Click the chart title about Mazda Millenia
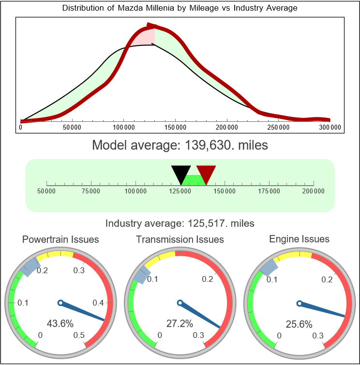[x=180, y=8]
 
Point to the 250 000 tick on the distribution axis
[x=278, y=127]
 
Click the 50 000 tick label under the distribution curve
[x=72, y=127]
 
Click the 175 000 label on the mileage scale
[x=269, y=191]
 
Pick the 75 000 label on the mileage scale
[x=91, y=191]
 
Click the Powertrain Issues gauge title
[x=60, y=239]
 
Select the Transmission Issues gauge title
[x=180, y=239]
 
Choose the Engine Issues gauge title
[x=299, y=239]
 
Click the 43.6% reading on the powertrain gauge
[x=60, y=323]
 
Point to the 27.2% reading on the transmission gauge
[x=180, y=323]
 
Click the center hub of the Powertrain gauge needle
[x=60, y=303]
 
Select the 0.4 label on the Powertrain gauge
[x=98, y=303]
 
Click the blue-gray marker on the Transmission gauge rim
[x=141, y=276]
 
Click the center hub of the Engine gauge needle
[x=299, y=304]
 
